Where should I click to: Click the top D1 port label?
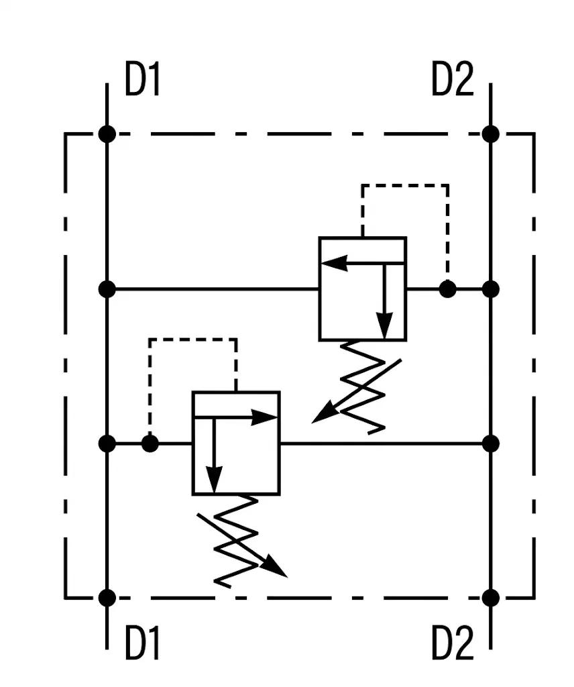point(143,79)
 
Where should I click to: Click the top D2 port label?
point(452,79)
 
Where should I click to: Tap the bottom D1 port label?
point(143,642)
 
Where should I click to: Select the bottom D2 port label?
point(452,642)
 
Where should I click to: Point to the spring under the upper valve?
point(363,387)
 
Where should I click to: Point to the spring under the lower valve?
point(236,541)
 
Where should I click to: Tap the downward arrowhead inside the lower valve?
point(214,480)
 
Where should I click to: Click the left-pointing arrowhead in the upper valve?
point(335,263)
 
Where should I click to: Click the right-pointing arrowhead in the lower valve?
point(265,417)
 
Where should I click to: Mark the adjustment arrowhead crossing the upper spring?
point(323,414)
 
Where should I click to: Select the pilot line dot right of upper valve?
point(447,289)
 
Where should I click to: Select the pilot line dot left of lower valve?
point(150,444)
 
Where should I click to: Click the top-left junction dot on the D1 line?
point(107,134)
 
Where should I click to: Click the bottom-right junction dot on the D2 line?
point(491,598)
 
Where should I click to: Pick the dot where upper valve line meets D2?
point(491,289)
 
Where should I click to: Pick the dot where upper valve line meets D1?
point(107,289)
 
